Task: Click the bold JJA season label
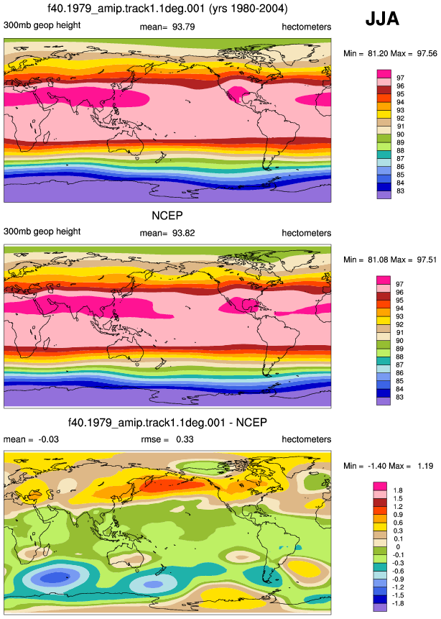tap(382, 19)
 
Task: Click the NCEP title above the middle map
tap(167, 216)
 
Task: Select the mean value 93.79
tap(183, 27)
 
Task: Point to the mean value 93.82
tap(183, 233)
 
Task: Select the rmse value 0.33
tap(185, 439)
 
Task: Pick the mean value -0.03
tap(48, 439)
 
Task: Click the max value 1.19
tap(425, 466)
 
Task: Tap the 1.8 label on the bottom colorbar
tap(398, 490)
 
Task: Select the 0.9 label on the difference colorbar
tap(398, 514)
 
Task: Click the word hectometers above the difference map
tap(307, 439)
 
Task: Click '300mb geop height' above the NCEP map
tap(42, 231)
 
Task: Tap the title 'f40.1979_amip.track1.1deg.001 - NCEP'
tap(167, 423)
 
